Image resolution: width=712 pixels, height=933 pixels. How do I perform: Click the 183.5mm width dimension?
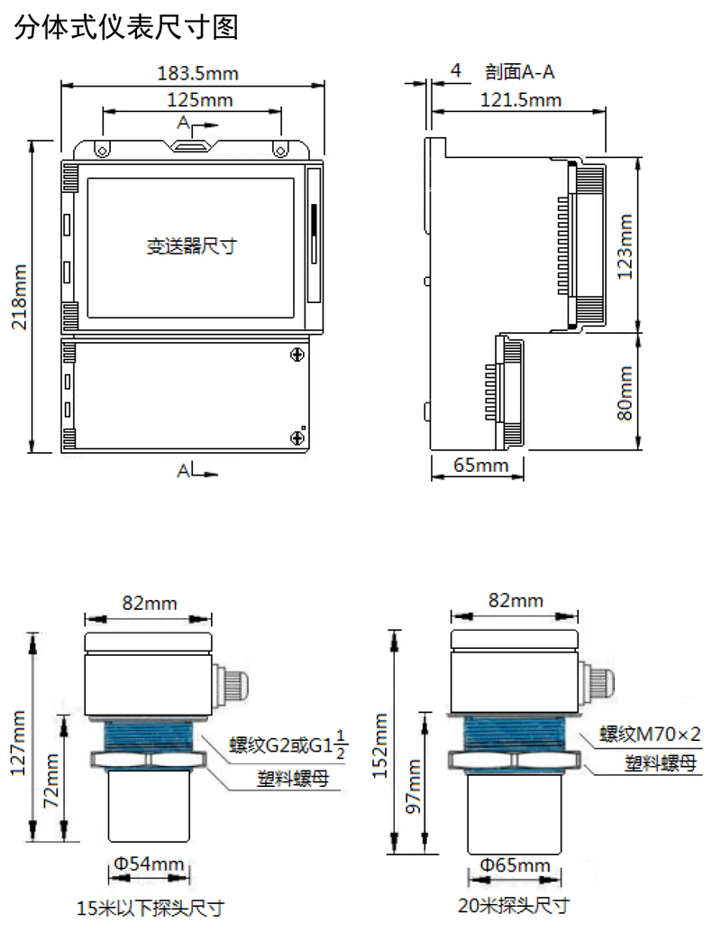(x=198, y=73)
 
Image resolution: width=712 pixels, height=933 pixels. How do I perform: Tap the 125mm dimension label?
(x=200, y=99)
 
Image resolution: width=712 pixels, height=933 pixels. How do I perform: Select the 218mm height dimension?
(x=20, y=297)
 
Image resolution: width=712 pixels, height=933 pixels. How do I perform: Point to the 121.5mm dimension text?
(x=521, y=99)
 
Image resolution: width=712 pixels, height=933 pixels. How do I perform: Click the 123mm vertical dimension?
(x=625, y=246)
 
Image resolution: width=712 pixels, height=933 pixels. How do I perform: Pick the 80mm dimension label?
(x=625, y=393)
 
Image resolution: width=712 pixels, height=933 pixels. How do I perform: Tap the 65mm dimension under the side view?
(x=480, y=465)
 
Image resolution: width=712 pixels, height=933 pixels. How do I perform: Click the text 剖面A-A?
(x=520, y=72)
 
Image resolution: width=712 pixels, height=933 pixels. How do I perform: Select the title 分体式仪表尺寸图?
(x=126, y=27)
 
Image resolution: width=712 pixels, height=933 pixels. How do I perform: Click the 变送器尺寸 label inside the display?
(x=191, y=245)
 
